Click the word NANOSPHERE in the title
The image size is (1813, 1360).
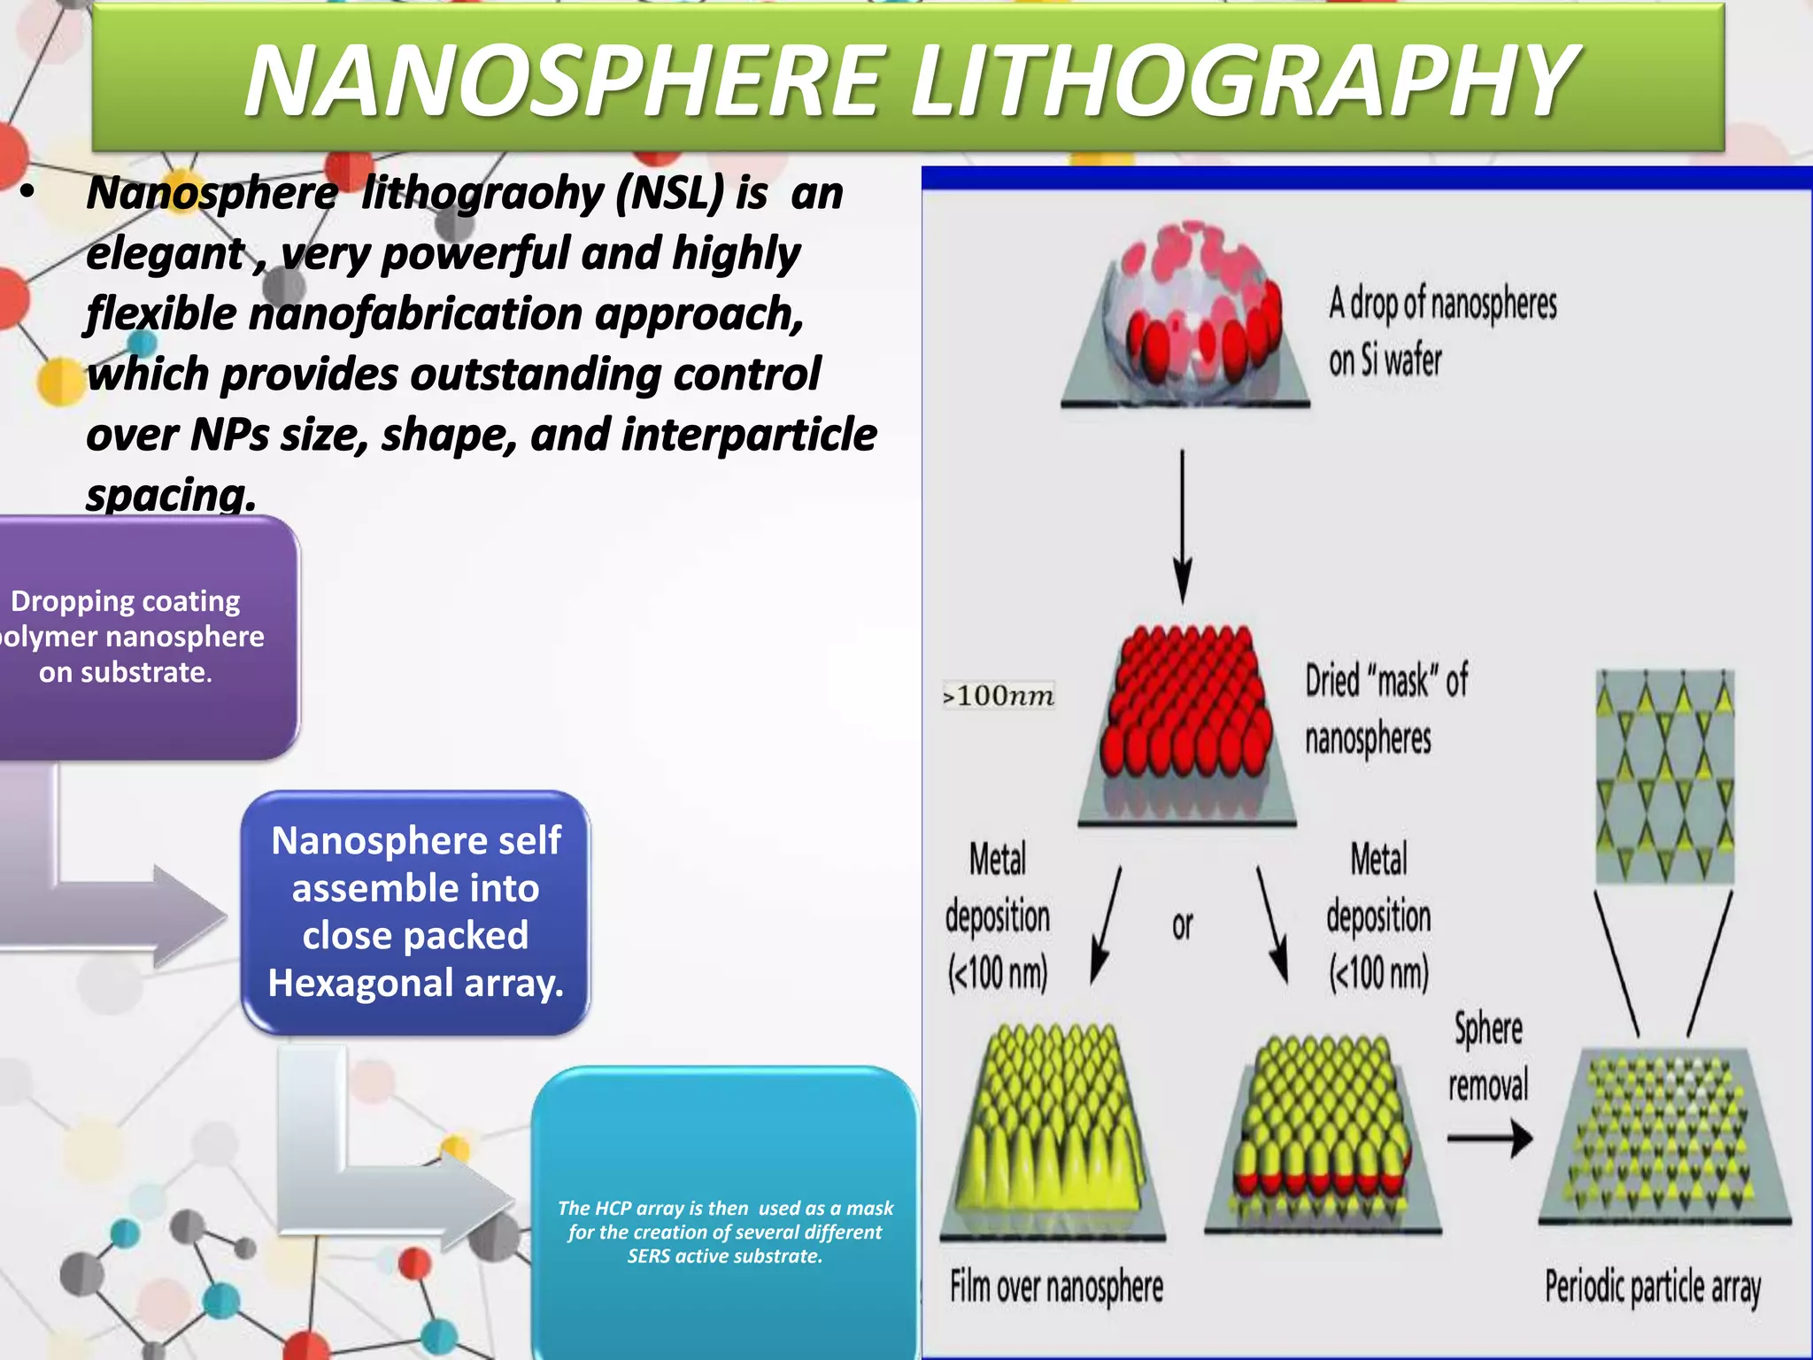pyautogui.click(x=567, y=81)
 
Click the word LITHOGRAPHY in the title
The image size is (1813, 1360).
pyautogui.click(x=1243, y=81)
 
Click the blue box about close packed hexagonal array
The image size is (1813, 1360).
pyautogui.click(x=415, y=912)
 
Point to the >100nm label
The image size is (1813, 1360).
pyautogui.click(x=999, y=696)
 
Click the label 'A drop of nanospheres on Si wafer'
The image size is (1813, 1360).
pyautogui.click(x=1441, y=331)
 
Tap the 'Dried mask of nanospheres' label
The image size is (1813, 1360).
pyautogui.click(x=1385, y=709)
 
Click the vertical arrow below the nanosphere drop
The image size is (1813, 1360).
pyautogui.click(x=1183, y=527)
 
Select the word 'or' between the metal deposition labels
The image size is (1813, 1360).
pyautogui.click(x=1182, y=925)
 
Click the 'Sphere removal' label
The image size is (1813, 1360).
pyautogui.click(x=1488, y=1057)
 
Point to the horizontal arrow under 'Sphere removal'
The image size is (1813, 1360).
pyautogui.click(x=1490, y=1139)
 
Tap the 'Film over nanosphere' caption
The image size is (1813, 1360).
pyautogui.click(x=1056, y=1287)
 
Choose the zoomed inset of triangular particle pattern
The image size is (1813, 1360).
pyautogui.click(x=1664, y=776)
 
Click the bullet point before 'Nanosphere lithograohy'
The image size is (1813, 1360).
pyautogui.click(x=27, y=193)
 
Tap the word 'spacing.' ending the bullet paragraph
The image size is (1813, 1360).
pyautogui.click(x=171, y=494)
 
